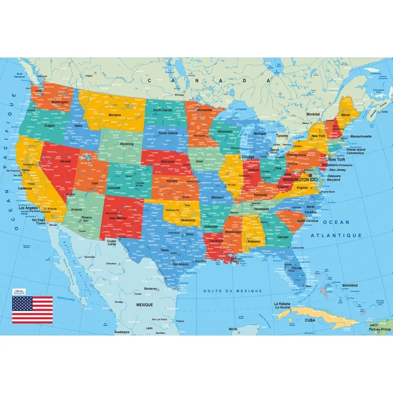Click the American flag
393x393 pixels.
point(32,310)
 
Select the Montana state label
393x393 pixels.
point(114,115)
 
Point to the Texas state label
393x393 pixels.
point(165,250)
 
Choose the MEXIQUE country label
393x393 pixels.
point(145,305)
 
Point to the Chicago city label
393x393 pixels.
point(248,157)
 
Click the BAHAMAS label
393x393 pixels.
point(350,285)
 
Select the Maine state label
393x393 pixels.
point(345,115)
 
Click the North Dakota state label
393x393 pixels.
point(164,111)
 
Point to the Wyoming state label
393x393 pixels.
point(126,144)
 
